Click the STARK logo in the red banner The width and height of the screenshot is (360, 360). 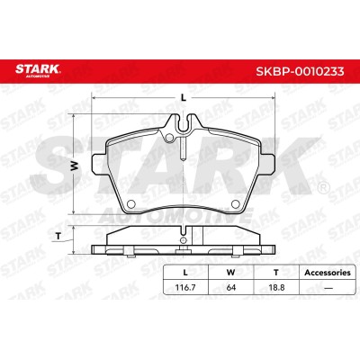[38, 69]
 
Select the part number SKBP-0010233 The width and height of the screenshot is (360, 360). [300, 71]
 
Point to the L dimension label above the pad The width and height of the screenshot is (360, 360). [184, 97]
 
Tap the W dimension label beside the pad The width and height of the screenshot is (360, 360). [75, 166]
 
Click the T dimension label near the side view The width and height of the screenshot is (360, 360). [58, 236]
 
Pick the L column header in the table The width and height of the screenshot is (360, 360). [185, 273]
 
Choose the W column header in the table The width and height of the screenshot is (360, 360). [230, 273]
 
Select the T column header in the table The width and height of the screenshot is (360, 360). [276, 273]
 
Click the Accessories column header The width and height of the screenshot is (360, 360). [328, 273]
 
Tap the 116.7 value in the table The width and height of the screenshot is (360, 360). [185, 287]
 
